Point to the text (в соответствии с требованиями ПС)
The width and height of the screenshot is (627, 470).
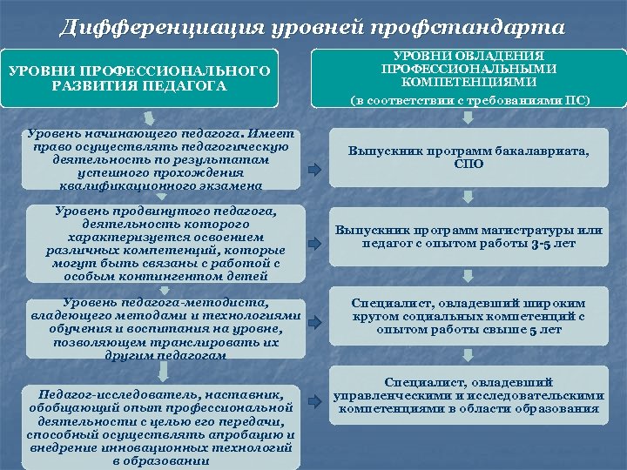click(469, 101)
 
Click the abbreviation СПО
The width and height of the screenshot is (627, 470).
click(469, 163)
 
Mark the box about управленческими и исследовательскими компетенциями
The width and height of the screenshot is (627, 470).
click(469, 395)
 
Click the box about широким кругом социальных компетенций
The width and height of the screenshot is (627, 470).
click(469, 317)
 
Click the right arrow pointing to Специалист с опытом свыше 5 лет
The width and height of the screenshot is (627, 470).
click(314, 327)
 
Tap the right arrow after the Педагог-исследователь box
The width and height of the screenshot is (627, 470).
click(314, 404)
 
